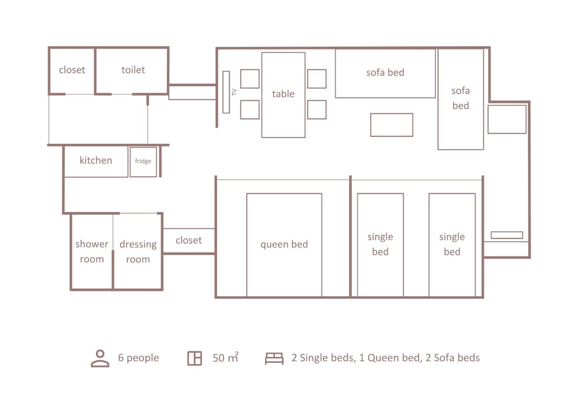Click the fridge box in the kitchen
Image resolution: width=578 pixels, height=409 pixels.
[143, 162]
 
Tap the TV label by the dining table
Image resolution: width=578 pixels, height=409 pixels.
[234, 92]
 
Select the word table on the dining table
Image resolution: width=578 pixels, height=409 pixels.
[283, 94]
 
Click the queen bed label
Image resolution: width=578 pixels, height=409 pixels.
[284, 244]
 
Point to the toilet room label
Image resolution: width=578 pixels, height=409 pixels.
[133, 70]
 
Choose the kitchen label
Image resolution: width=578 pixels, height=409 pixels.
[96, 160]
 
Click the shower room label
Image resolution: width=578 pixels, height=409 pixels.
[92, 251]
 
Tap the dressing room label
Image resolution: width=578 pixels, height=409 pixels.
[138, 252]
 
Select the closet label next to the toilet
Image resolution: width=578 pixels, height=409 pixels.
[72, 70]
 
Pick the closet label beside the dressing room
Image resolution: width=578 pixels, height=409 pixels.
[189, 240]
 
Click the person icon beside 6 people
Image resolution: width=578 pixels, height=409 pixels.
[100, 358]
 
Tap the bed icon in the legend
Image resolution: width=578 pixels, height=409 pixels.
[274, 358]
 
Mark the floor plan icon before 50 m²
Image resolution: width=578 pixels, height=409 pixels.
[194, 358]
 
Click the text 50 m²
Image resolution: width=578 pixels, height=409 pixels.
[226, 358]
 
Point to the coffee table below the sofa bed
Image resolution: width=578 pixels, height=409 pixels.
[392, 125]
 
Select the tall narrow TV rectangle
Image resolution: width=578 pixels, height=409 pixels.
[226, 92]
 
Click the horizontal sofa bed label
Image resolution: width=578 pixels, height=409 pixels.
[385, 72]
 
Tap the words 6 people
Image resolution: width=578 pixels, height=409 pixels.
[138, 358]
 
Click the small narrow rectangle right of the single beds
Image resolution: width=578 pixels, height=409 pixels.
[507, 235]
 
